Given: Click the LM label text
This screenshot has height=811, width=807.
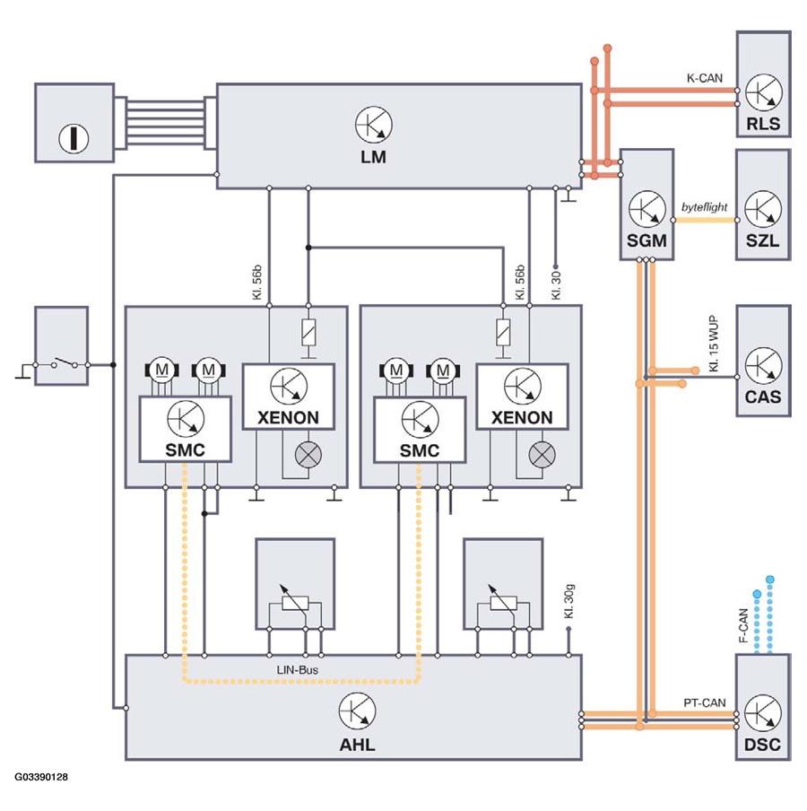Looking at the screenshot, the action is (373, 157).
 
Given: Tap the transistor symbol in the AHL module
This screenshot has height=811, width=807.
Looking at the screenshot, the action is (357, 711).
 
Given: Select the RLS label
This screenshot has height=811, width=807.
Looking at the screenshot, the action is (763, 124).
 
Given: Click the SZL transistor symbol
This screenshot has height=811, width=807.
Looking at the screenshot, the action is (763, 209).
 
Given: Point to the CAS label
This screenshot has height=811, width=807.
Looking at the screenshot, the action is (763, 397).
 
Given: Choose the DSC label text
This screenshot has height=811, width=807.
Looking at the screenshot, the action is (762, 745).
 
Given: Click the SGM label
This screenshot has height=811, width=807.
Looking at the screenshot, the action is (646, 240).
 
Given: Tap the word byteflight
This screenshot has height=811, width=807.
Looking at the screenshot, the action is (704, 207).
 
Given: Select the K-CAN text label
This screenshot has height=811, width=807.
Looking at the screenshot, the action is (705, 78).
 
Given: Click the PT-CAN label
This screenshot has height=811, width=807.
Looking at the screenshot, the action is (705, 703).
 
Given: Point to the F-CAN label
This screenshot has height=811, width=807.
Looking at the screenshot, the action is (743, 625).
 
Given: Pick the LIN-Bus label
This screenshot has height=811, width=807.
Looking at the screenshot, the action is (298, 670).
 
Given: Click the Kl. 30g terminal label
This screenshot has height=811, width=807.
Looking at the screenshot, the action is (569, 601).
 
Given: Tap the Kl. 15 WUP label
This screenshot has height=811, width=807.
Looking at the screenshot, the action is (714, 344).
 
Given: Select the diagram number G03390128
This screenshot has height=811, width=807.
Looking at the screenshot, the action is (41, 777).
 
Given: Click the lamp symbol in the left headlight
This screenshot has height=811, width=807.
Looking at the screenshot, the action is (308, 455).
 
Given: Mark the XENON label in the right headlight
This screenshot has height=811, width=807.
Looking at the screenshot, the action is (522, 417).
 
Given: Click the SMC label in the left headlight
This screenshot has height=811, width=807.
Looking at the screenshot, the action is (185, 450).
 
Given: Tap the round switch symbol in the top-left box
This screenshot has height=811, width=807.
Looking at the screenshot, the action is (74, 138).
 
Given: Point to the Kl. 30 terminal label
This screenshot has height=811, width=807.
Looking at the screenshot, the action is (556, 286).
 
